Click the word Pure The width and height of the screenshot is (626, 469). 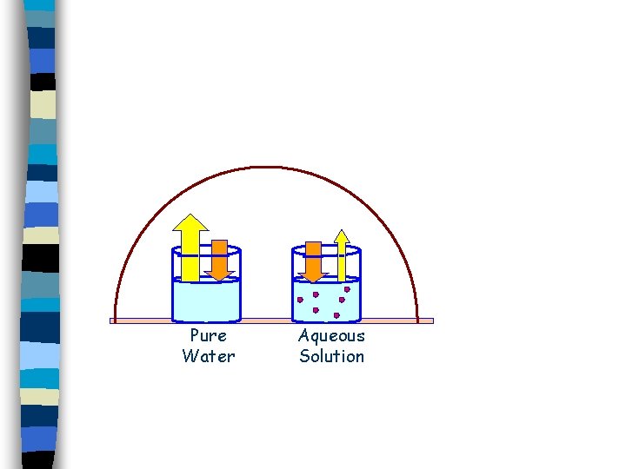click(x=208, y=336)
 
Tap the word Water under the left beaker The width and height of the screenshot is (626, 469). click(x=208, y=356)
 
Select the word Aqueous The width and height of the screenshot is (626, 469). click(x=331, y=336)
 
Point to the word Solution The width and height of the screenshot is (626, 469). click(x=331, y=356)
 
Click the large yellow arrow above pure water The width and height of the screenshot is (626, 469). click(x=190, y=252)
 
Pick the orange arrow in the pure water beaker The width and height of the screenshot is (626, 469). click(x=220, y=259)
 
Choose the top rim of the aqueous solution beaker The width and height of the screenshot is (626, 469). click(x=326, y=251)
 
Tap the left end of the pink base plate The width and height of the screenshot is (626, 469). click(x=112, y=320)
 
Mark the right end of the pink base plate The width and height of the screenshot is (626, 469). click(x=430, y=320)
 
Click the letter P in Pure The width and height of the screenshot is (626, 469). click(x=195, y=336)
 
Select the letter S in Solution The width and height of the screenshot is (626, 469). click(x=304, y=356)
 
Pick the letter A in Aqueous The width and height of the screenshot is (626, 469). click(x=304, y=335)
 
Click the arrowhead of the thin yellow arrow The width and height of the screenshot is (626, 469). click(x=342, y=235)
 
